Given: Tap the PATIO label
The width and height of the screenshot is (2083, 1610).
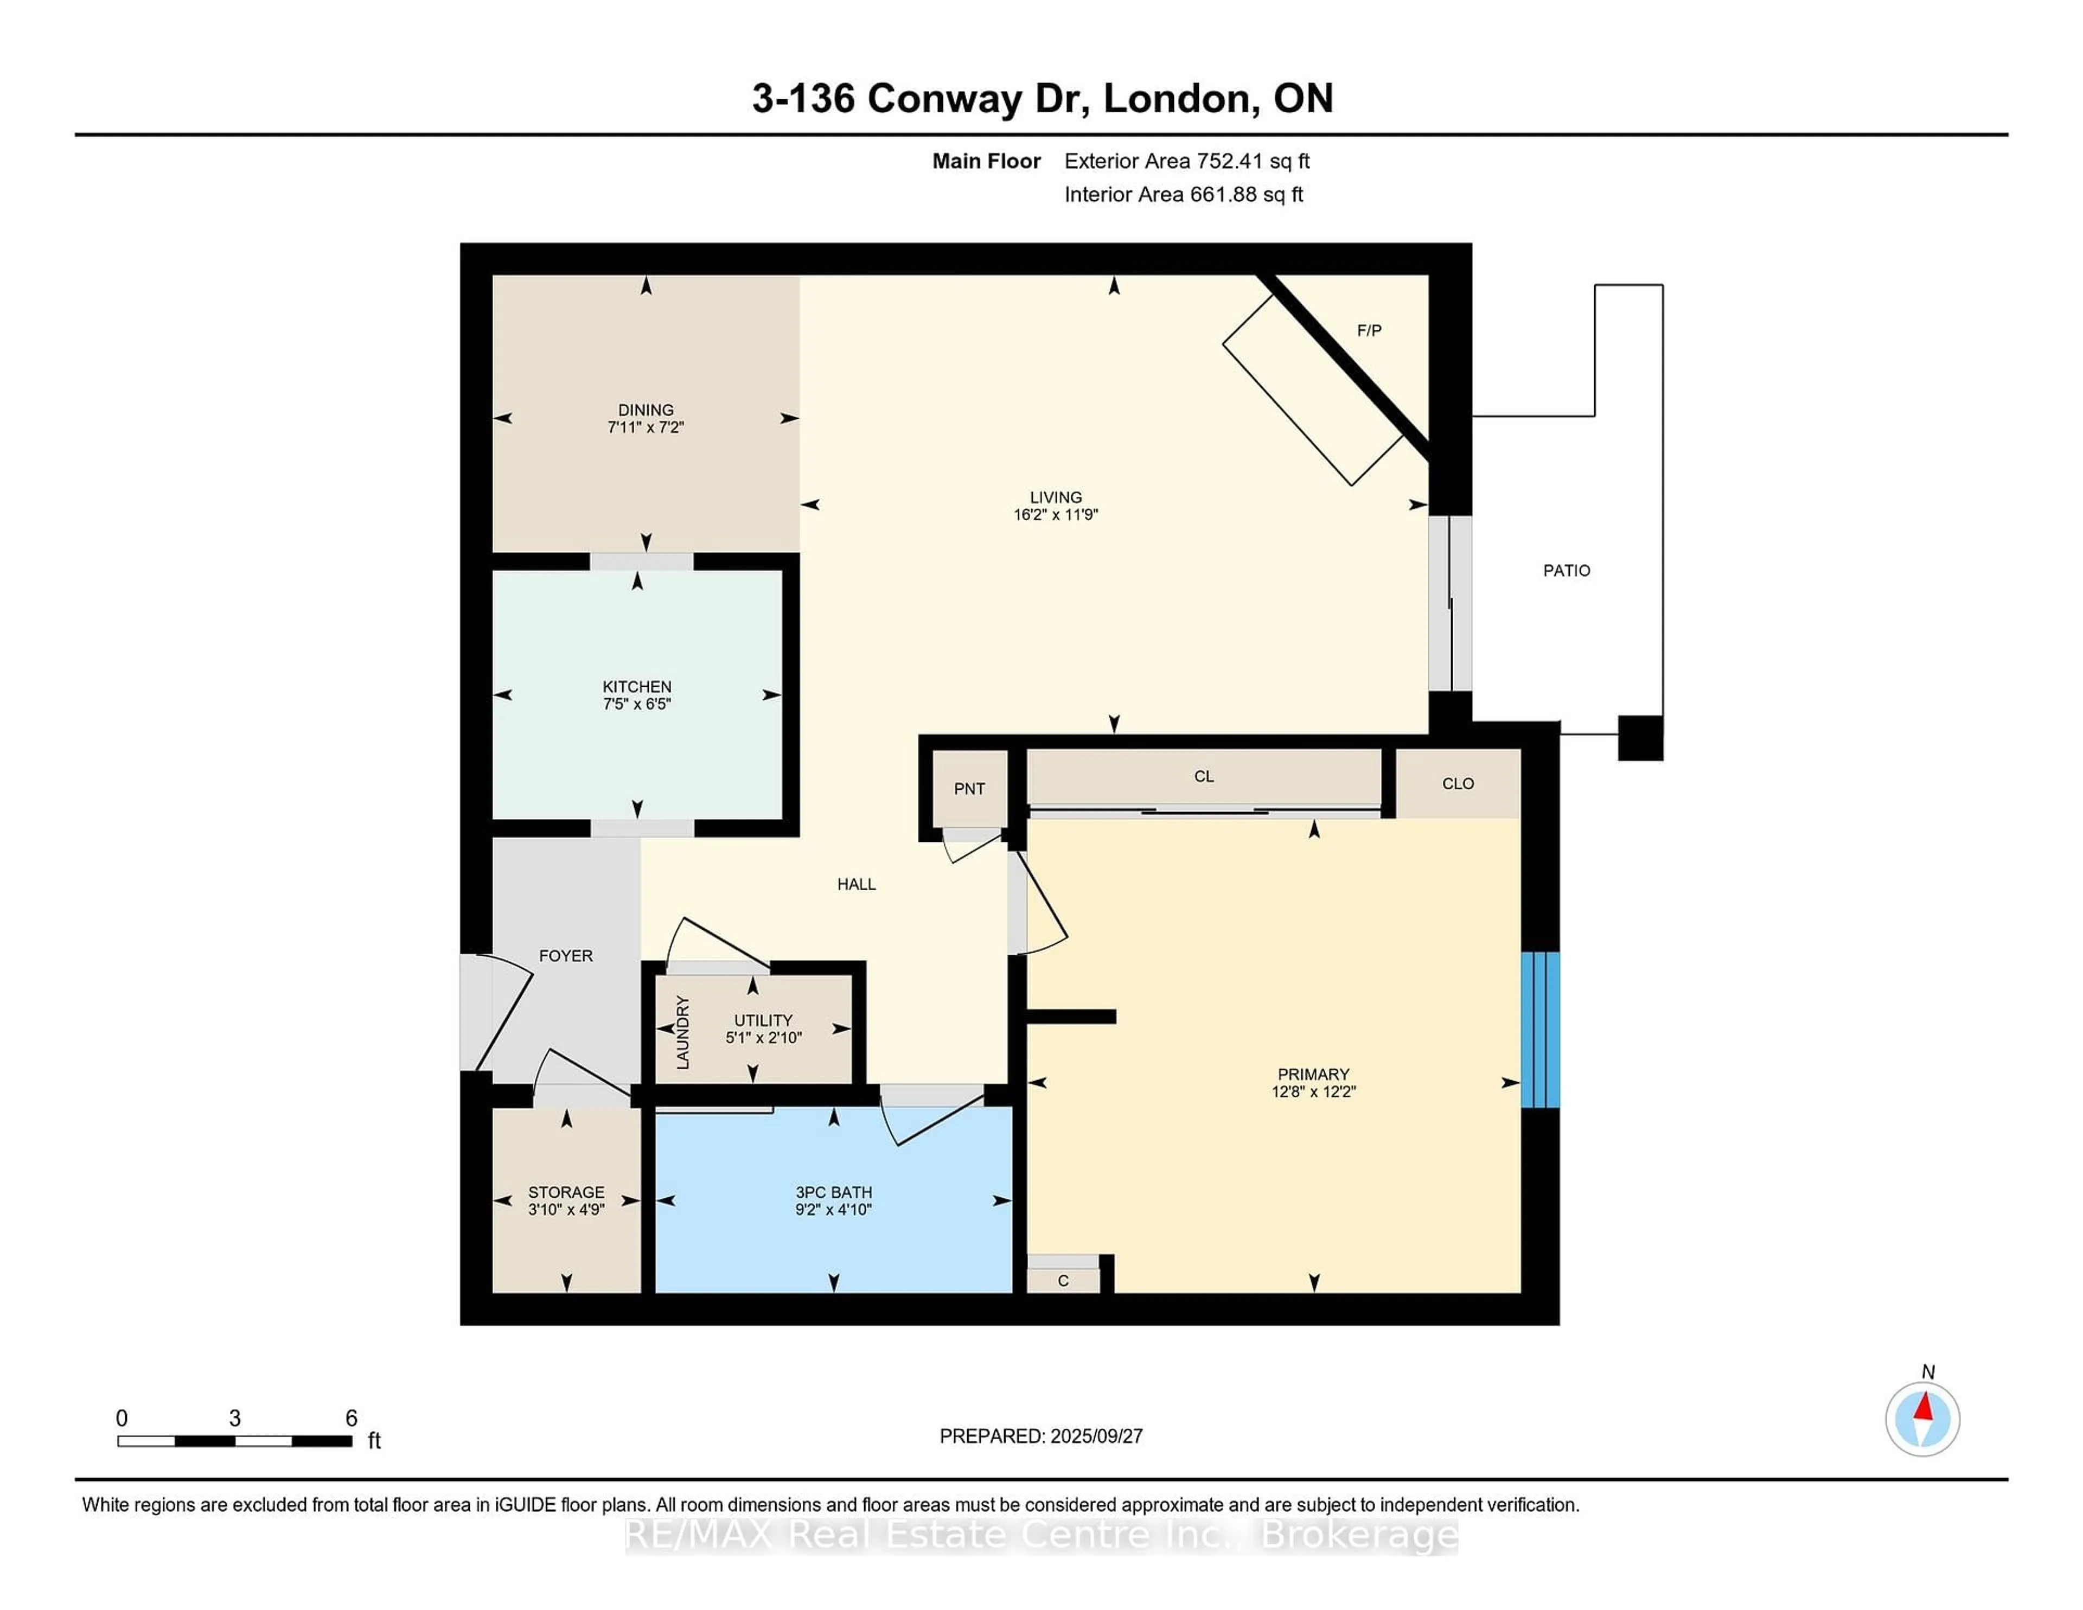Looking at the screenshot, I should tap(1566, 570).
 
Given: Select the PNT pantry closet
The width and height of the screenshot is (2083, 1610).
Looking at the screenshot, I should tap(969, 789).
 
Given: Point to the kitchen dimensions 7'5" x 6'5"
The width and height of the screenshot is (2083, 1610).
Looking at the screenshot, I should tap(637, 704).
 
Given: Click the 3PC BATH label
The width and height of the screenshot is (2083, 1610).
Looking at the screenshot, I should tap(834, 1192).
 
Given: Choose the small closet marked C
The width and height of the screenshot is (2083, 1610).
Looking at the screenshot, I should tap(1063, 1281).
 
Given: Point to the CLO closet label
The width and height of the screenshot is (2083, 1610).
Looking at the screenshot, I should tap(1458, 783).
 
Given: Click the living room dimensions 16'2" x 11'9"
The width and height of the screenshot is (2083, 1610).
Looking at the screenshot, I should tap(1056, 515).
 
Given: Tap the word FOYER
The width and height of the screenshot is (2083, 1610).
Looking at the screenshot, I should tap(566, 956).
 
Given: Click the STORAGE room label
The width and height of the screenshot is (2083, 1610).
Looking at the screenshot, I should tap(566, 1192).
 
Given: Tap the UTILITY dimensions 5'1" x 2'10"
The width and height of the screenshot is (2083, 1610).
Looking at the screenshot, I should tap(763, 1038).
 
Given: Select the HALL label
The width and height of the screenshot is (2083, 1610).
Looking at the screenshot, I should tap(857, 884).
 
